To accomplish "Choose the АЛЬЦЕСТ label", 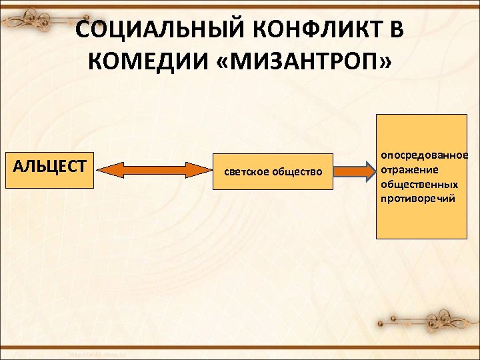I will click(x=50, y=165).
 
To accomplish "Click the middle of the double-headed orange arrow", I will click(x=154, y=171).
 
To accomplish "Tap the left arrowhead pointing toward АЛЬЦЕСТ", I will click(x=107, y=171).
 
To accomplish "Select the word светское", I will click(x=246, y=172).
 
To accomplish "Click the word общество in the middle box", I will click(x=297, y=172).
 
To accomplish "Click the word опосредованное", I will click(x=424, y=155).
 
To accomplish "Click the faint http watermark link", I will click(x=99, y=353).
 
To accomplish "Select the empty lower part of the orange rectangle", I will click(x=421, y=223).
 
